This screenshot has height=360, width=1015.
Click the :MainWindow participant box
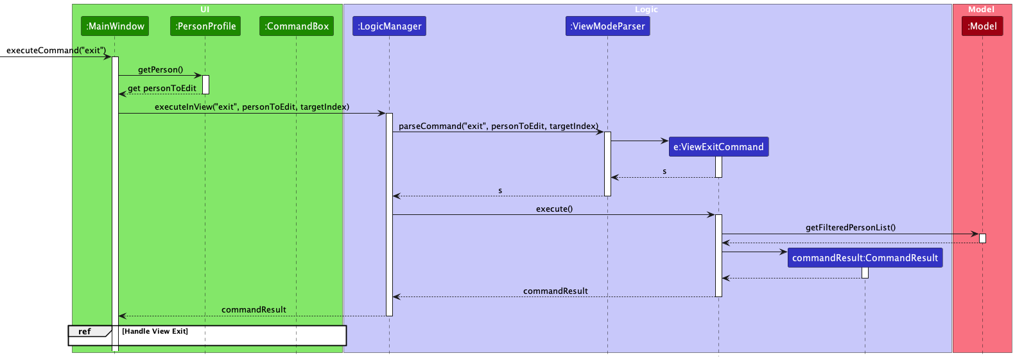(116, 26)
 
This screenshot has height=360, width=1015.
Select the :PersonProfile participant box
(205, 26)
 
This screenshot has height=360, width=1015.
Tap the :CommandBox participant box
(297, 26)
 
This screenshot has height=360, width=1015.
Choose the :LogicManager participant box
(389, 26)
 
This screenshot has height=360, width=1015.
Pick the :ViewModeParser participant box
(607, 26)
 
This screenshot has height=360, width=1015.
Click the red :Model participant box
(982, 26)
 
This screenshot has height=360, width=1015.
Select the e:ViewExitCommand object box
(718, 147)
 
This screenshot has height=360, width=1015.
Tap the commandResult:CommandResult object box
(865, 258)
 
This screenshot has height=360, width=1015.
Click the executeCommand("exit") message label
(56, 51)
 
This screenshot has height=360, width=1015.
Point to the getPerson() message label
(160, 70)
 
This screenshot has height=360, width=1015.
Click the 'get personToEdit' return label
(162, 89)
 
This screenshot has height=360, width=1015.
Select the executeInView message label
(252, 107)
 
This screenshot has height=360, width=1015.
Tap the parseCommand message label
(498, 126)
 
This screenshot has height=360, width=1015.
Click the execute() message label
(554, 209)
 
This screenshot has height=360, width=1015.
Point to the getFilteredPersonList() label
(851, 228)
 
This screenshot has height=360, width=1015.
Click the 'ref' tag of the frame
(85, 332)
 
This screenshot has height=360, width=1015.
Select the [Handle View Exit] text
(155, 332)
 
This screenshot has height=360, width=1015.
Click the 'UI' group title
(205, 10)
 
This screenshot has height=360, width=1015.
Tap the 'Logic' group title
(646, 10)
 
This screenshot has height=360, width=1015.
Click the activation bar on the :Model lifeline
(982, 238)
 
